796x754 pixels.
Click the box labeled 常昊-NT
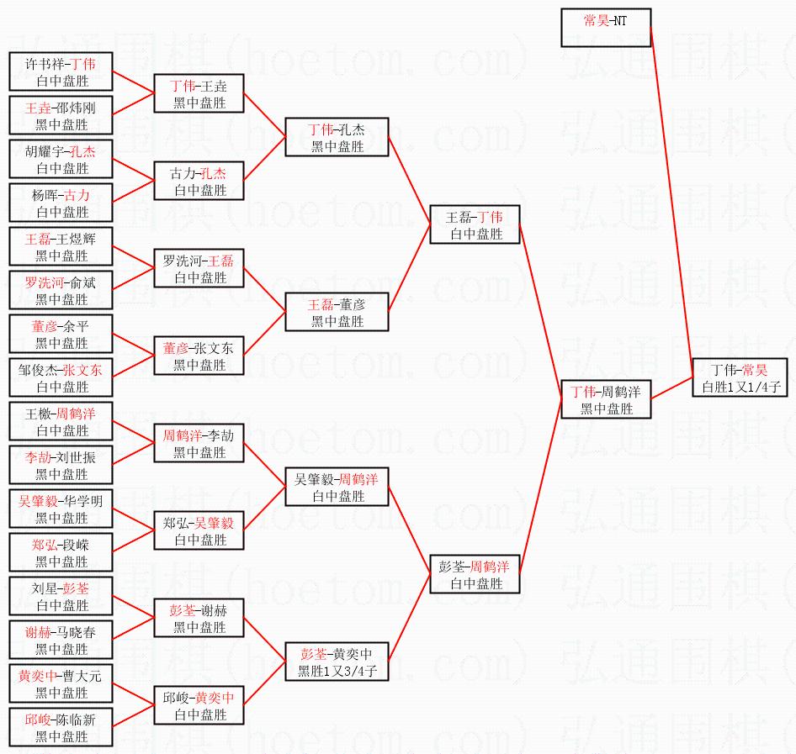(x=605, y=28)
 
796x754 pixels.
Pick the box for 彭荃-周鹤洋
(x=475, y=575)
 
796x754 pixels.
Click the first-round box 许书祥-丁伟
(x=61, y=72)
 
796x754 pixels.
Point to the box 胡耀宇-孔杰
(x=61, y=160)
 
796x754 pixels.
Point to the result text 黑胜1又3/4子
(x=337, y=671)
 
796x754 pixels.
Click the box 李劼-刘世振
(x=61, y=466)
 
